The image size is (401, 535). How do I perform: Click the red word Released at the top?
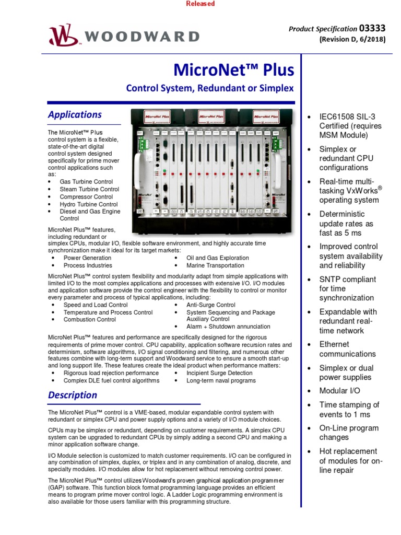point(200,4)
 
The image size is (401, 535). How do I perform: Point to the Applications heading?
point(75,114)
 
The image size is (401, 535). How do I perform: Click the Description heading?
point(73,395)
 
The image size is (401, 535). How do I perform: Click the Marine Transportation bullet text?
point(215,265)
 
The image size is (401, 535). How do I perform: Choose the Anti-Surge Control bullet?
point(211,305)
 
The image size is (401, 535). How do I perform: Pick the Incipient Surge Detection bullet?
point(219,373)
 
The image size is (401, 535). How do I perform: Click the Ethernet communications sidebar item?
point(347,349)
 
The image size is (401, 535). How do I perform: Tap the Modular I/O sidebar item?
point(340,391)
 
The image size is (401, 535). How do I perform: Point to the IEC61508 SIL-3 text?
point(347,117)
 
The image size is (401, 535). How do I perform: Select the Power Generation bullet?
point(87,258)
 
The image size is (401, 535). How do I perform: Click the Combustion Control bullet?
point(90,319)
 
